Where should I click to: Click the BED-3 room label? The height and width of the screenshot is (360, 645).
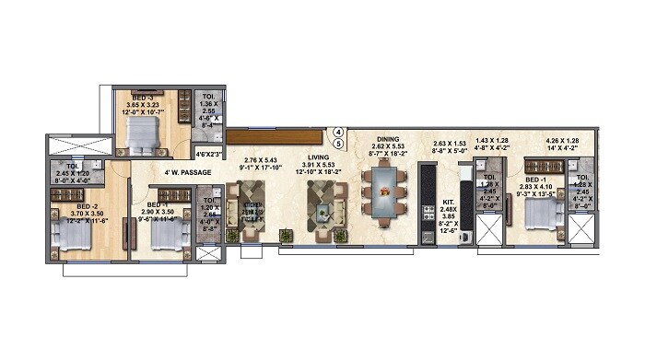click(143, 97)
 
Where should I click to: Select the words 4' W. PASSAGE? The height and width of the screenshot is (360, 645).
click(188, 172)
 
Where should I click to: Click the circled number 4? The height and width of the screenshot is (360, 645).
click(338, 132)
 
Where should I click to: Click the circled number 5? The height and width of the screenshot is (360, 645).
click(338, 144)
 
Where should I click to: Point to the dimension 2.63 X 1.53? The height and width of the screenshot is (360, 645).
click(451, 144)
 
